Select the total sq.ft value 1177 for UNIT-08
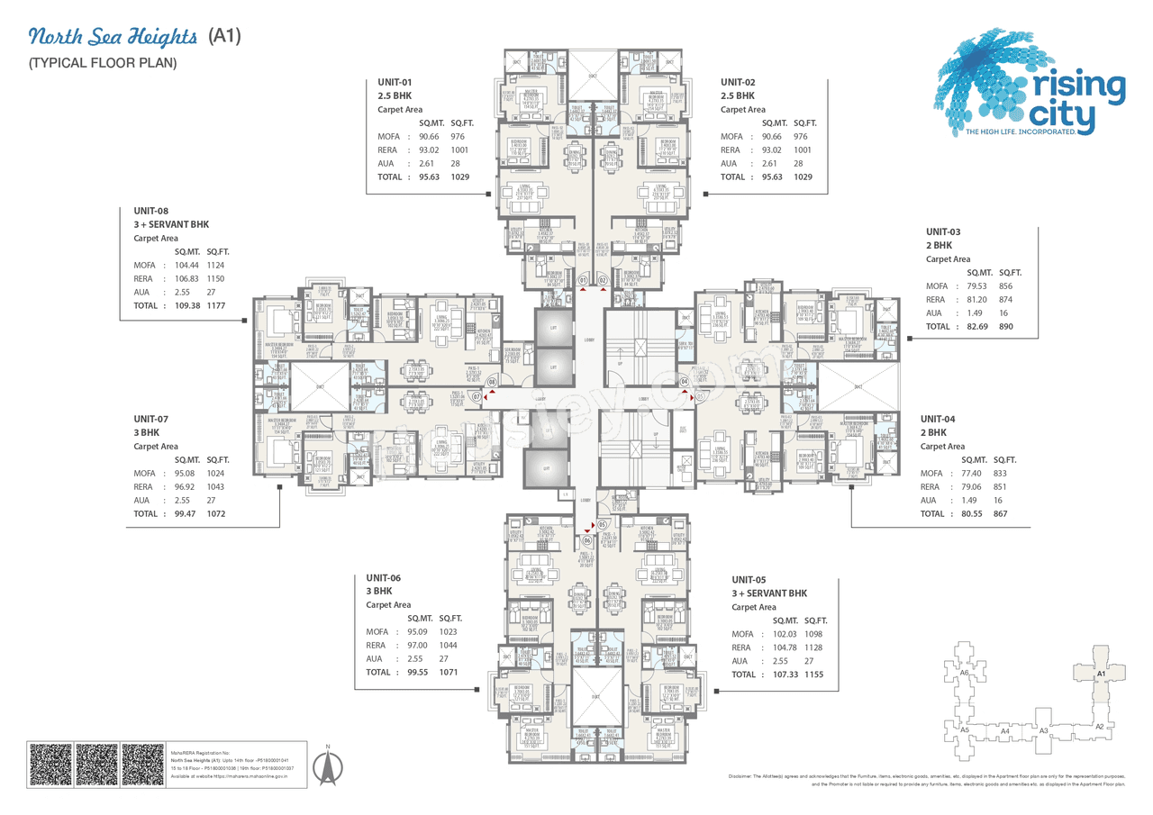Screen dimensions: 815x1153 click(214, 305)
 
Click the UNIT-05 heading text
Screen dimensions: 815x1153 click(749, 580)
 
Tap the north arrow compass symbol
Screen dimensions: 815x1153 click(329, 767)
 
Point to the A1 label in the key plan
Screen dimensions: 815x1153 click(1100, 674)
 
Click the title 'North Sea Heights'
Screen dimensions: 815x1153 click(113, 37)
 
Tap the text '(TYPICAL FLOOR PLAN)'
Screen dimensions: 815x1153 click(102, 63)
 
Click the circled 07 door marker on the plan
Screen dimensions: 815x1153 click(477, 394)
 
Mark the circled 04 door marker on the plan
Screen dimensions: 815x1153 click(684, 381)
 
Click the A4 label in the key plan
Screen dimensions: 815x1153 click(1004, 731)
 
